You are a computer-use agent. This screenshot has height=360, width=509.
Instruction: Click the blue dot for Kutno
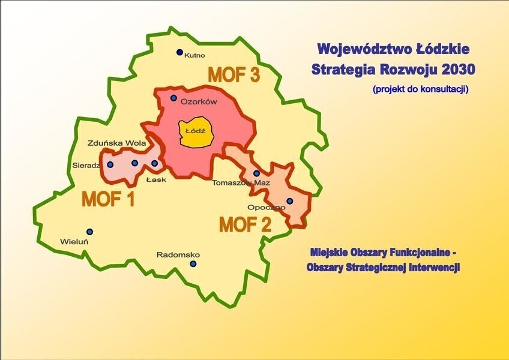(179, 52)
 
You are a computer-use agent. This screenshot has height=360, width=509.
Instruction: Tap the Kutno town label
(195, 55)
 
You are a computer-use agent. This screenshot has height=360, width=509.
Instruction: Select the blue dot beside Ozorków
(173, 98)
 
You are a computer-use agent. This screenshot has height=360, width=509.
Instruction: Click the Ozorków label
(199, 102)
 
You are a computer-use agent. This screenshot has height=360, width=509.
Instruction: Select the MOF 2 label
(245, 225)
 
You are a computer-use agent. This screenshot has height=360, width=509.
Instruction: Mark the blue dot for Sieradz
(110, 164)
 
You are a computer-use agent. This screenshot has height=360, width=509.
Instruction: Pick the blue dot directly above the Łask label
(154, 163)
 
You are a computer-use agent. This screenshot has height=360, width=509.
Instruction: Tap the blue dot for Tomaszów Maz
(256, 173)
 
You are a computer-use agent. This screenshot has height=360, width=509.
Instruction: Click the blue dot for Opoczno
(289, 201)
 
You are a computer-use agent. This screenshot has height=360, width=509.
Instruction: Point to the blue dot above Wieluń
(89, 232)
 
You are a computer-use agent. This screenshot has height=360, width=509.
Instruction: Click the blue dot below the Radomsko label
(193, 263)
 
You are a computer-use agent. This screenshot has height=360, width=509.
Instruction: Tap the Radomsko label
(178, 254)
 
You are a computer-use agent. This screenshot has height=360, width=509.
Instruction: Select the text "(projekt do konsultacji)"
(420, 89)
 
